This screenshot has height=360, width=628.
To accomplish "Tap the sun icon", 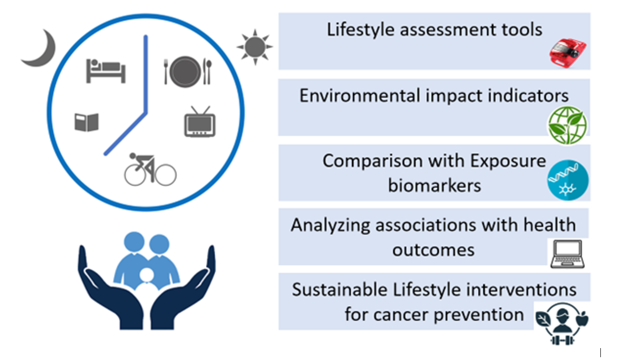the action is coord(254,47).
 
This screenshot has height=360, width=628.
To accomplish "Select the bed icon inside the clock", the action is coord(106,71).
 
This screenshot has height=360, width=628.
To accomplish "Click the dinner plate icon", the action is coord(185,72).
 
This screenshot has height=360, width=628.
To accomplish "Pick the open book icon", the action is coord(87,122).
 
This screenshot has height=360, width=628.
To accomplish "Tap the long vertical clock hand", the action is coord(146,74).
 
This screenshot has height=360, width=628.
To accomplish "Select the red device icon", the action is coord(567,53).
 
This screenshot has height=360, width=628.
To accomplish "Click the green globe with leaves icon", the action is coord(567,125).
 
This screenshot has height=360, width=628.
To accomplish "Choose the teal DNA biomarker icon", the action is coord(567,180).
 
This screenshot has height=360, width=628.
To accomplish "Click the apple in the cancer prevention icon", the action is coord(582,319).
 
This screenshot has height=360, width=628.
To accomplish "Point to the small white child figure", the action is coord(147,280).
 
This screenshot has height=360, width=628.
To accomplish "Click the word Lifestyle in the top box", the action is coord(361,30).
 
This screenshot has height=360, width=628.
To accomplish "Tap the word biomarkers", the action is coord(434,185).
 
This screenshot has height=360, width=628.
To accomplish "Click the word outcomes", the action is coord(434,250).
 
